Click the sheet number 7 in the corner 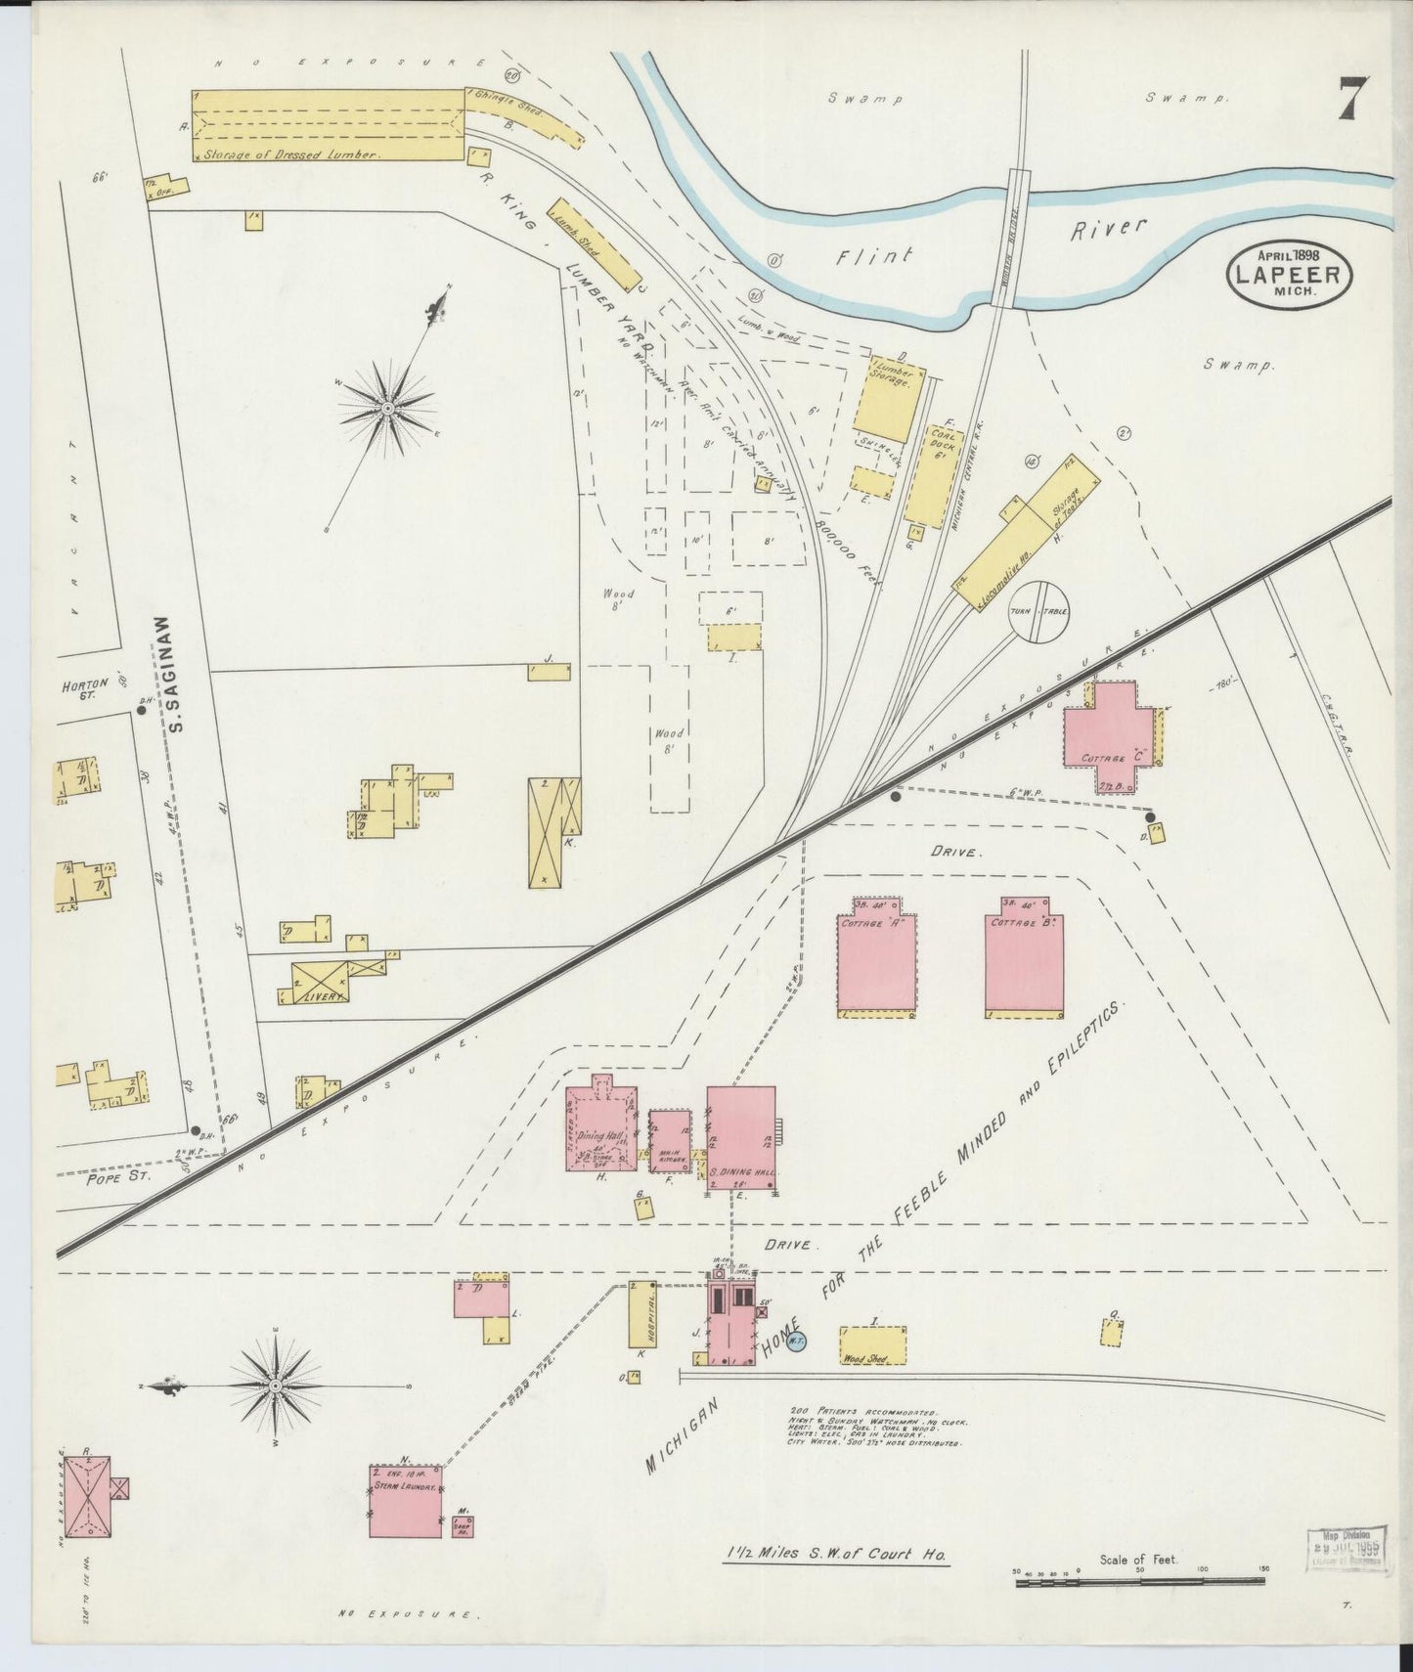[1353, 99]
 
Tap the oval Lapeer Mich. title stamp [1289, 274]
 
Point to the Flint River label [988, 244]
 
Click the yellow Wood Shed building [872, 1345]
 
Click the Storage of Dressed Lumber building [329, 125]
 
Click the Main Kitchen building [670, 1140]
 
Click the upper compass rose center [388, 407]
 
